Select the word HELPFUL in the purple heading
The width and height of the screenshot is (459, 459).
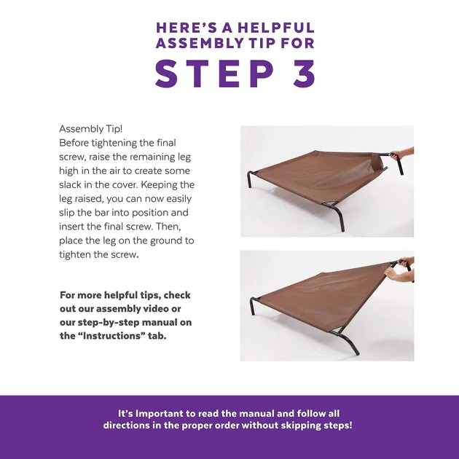275,28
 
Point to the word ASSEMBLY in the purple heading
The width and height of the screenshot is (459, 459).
200,43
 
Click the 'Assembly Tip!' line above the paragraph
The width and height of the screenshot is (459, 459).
91,129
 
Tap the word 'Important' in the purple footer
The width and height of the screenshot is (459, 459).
160,414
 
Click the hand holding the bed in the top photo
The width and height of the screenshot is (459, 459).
402,154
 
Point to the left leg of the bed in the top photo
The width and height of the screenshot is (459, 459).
250,178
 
